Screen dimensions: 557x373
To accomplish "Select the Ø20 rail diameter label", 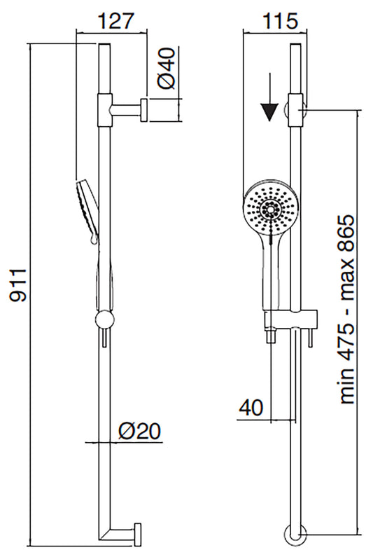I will pyautogui.click(x=141, y=430).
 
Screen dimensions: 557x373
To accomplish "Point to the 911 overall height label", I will pyautogui.click(x=19, y=284).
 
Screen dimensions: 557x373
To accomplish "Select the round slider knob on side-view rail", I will pyautogui.click(x=104, y=321).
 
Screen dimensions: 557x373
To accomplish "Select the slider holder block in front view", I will pyautogui.click(x=291, y=320).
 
